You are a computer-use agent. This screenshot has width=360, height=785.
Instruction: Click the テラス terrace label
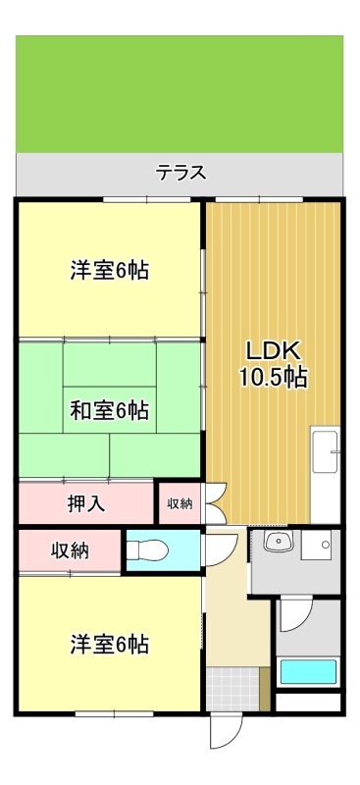(x=180, y=173)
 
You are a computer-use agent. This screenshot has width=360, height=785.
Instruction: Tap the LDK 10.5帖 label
(x=273, y=364)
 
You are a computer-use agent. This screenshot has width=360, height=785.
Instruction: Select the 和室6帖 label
(x=109, y=411)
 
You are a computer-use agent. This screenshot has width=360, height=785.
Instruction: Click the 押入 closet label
(x=86, y=503)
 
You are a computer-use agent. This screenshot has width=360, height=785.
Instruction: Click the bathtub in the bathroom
(x=308, y=671)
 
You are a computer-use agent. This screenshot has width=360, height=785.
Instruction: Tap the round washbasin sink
(x=279, y=541)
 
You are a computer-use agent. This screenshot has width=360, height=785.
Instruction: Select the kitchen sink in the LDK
(x=325, y=452)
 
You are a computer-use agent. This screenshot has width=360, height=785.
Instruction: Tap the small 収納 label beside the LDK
(x=180, y=504)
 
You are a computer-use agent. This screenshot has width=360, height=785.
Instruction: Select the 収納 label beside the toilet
(x=70, y=550)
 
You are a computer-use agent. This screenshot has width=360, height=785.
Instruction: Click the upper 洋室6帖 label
(x=109, y=272)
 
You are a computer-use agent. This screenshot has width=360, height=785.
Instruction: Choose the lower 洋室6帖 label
(x=109, y=645)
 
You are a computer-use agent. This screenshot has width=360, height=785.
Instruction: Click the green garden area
(x=180, y=93)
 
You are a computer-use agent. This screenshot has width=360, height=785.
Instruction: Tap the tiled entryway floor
(x=232, y=689)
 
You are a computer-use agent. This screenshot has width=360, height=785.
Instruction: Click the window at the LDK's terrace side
(x=259, y=200)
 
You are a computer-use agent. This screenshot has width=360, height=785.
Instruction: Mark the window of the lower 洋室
(x=114, y=714)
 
